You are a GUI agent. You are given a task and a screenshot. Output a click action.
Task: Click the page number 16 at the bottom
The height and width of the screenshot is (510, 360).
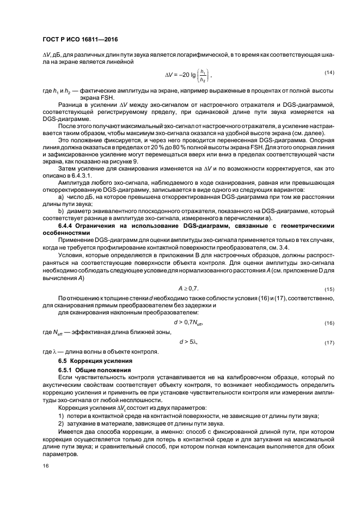pyautogui.click(x=46, y=466)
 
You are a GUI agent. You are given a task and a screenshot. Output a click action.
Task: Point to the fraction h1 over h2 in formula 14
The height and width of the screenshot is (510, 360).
pyautogui.click(x=203, y=75)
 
